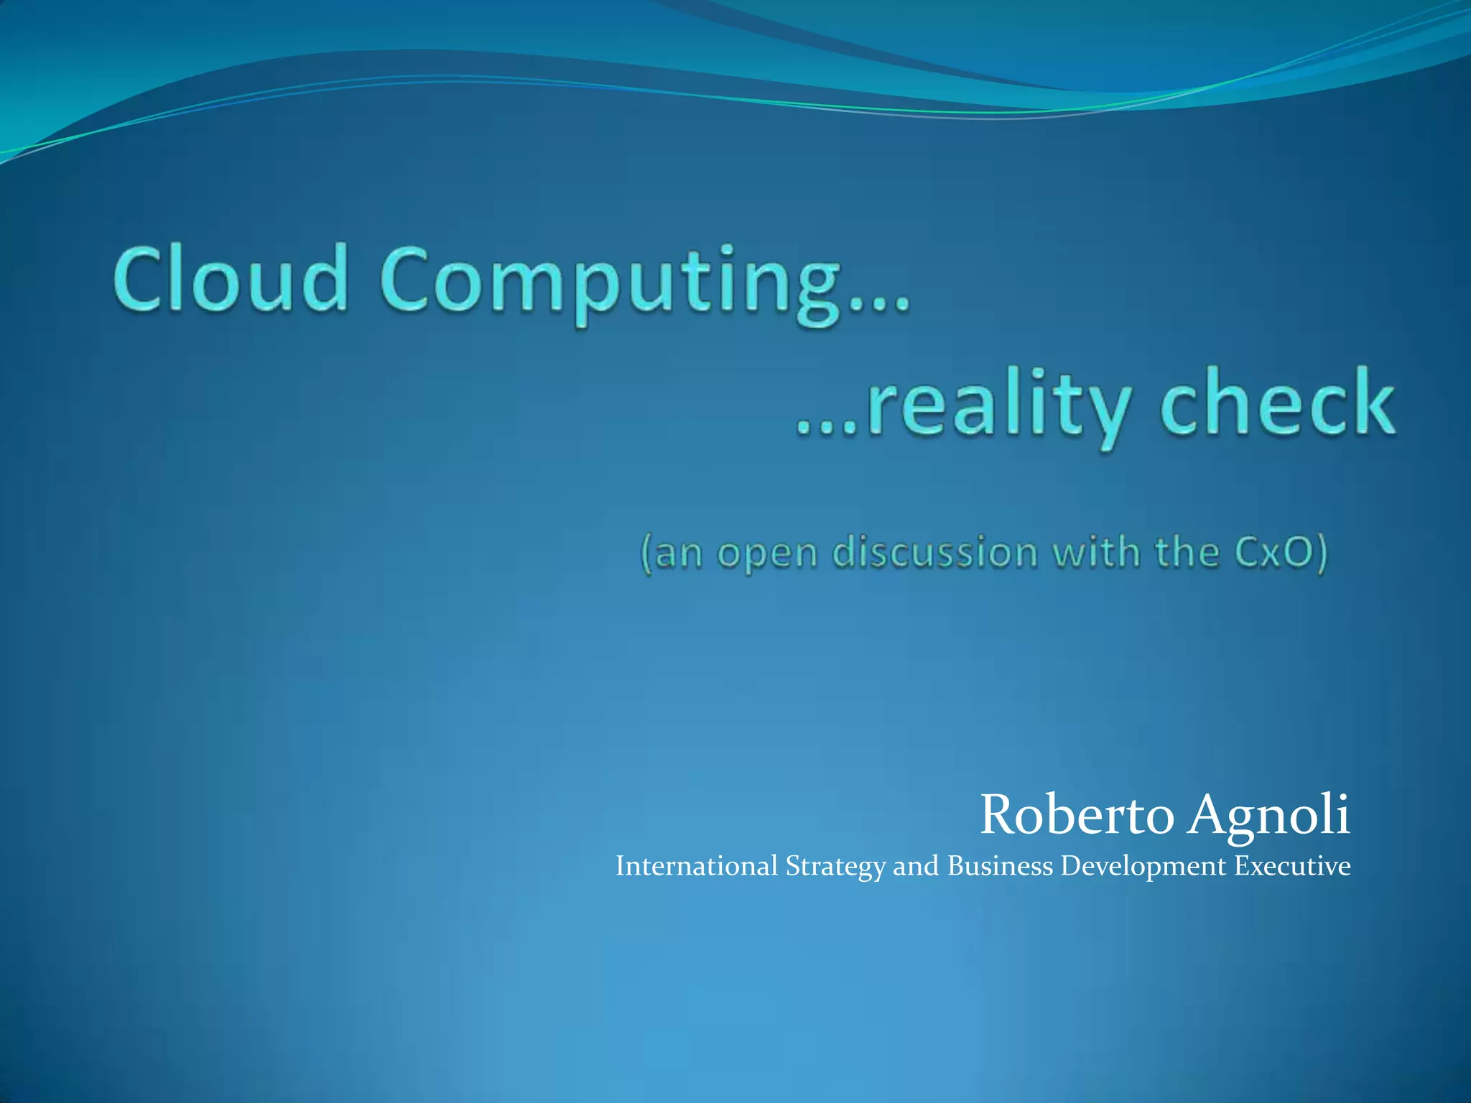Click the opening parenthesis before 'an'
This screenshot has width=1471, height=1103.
[x=646, y=555]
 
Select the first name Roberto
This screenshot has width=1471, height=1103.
[x=1077, y=815]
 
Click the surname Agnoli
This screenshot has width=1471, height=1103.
[x=1268, y=815]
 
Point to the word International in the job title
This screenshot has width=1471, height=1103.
[x=697, y=866]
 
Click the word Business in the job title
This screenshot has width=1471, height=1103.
[x=1000, y=866]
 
